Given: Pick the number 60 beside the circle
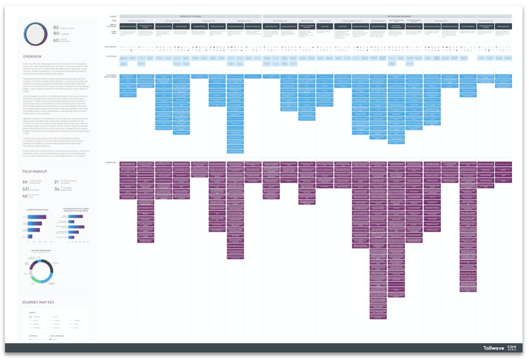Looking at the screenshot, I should [56, 40].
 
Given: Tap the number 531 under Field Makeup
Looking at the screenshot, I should [26, 189].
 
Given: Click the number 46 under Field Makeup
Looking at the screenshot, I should [25, 196].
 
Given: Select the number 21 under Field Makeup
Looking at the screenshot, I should [56, 182].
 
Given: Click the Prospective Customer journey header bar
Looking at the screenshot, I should [191, 16].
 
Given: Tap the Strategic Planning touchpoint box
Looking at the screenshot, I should [199, 25].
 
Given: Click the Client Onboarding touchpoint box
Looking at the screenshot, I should [271, 25].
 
